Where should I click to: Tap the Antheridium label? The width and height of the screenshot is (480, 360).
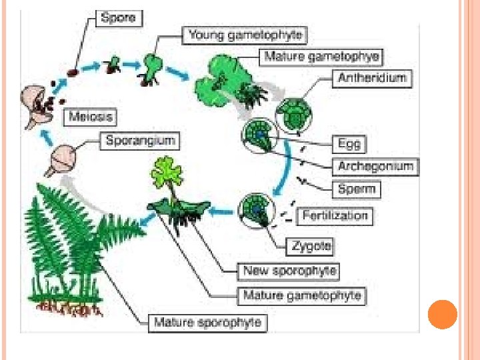371,78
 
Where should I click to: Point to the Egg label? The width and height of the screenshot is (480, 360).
349,143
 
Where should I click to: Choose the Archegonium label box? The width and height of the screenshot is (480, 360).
375,166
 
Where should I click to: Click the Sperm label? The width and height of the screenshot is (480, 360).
356,189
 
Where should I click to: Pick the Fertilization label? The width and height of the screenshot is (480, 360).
335,215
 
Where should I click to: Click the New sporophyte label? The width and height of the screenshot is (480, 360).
289,271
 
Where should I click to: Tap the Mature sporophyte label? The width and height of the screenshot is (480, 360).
208,323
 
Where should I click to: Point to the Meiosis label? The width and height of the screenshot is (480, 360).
91,117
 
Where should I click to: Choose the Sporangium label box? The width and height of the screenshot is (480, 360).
140,141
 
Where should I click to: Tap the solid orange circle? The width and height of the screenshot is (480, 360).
442,315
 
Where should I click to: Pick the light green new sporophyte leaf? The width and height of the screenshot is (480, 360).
167,171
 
